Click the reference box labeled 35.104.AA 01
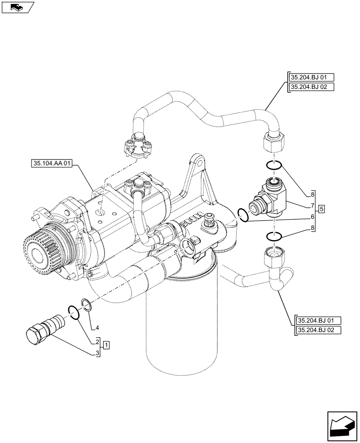52,163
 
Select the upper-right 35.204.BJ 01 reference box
309,77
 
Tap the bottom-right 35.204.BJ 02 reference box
316,330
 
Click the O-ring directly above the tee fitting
274,165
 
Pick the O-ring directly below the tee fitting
274,237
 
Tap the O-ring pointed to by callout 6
243,215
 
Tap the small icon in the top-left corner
17,7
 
